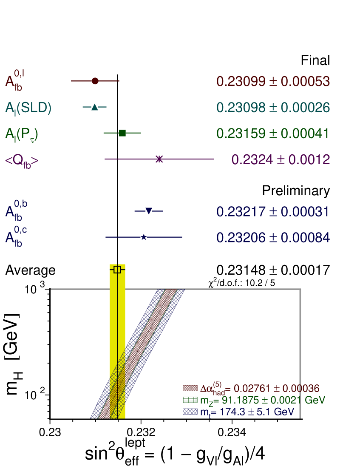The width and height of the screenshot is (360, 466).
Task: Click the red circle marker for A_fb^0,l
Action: (x=95, y=81)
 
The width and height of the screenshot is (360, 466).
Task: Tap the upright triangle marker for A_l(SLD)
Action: (x=95, y=107)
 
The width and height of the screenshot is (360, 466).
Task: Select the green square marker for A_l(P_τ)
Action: (x=122, y=133)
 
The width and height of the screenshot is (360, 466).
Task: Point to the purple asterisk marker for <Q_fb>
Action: (x=159, y=159)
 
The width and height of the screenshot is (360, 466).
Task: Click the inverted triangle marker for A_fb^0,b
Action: (x=149, y=211)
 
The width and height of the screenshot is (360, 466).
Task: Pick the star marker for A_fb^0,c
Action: (x=144, y=237)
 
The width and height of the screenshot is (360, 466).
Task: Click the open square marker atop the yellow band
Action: (x=117, y=270)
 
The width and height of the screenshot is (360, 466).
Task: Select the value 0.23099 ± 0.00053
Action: (x=273, y=81)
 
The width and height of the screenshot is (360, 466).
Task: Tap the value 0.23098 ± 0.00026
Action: (x=273, y=108)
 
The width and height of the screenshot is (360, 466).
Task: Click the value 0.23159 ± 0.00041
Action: (x=273, y=134)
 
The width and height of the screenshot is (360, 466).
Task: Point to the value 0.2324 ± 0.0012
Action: (x=281, y=159)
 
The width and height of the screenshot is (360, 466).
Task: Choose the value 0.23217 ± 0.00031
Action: (x=273, y=212)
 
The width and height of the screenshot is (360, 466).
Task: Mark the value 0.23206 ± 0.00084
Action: (x=273, y=238)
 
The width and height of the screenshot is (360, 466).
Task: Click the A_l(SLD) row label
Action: (x=28, y=108)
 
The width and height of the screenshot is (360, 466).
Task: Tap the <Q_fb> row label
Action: (x=22, y=161)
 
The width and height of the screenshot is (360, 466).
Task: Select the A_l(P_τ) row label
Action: (x=22, y=134)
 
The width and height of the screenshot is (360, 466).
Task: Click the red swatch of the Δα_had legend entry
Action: (x=190, y=388)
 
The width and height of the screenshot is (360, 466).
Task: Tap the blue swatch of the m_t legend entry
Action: (x=190, y=412)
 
